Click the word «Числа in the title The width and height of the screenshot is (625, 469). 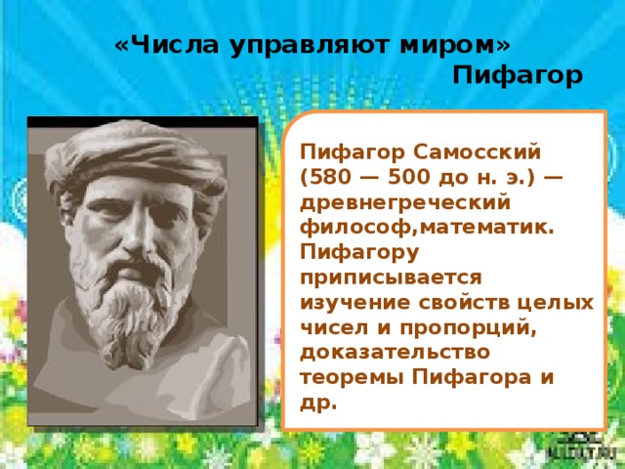tap(167, 44)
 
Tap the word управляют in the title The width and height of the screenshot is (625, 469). tap(309, 46)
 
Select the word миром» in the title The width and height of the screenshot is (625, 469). tap(455, 45)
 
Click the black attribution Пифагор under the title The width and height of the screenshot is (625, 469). tap(518, 75)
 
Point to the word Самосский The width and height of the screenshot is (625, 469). tap(477, 152)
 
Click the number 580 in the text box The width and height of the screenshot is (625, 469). tap(328, 177)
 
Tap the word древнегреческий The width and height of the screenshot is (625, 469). tap(405, 203)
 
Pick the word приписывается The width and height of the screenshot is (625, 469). tap(391, 277)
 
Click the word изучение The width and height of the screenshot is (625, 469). tap(355, 303)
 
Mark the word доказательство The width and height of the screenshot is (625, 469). tap(395, 353)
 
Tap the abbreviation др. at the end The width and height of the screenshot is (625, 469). tap(318, 404)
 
